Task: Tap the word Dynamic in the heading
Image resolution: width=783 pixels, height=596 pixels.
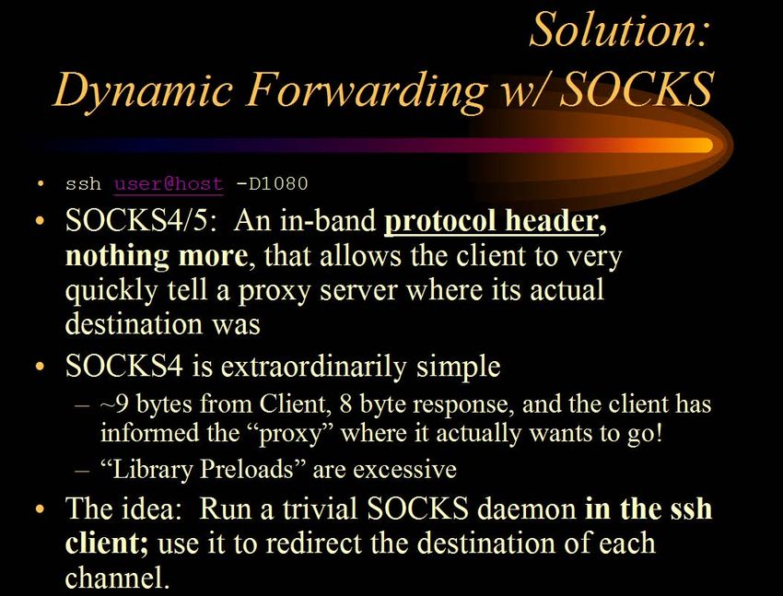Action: [143, 91]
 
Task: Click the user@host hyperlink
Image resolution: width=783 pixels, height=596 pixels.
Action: [169, 183]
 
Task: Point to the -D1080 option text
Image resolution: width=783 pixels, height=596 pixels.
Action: [272, 183]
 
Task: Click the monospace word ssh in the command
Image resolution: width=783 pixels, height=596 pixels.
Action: [83, 183]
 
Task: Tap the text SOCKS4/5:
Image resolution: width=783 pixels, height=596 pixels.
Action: [141, 220]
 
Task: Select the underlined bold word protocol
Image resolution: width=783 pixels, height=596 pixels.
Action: [440, 220]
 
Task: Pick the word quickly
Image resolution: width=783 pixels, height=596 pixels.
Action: [111, 290]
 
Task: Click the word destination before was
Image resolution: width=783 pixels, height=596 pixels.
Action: [134, 323]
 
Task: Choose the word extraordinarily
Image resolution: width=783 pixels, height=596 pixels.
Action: [313, 367]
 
